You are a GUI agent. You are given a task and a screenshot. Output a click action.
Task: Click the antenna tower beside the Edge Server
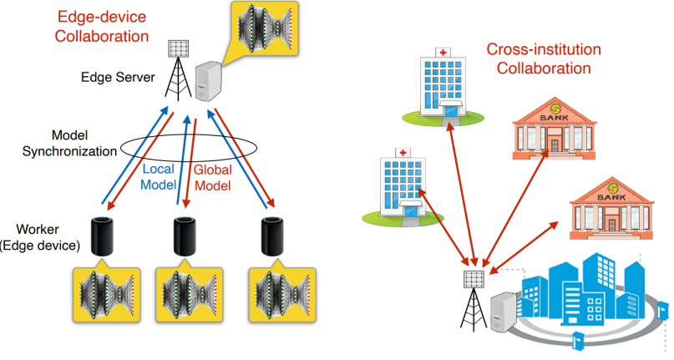175,68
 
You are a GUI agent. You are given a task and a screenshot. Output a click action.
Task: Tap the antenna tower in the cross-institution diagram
474,296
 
